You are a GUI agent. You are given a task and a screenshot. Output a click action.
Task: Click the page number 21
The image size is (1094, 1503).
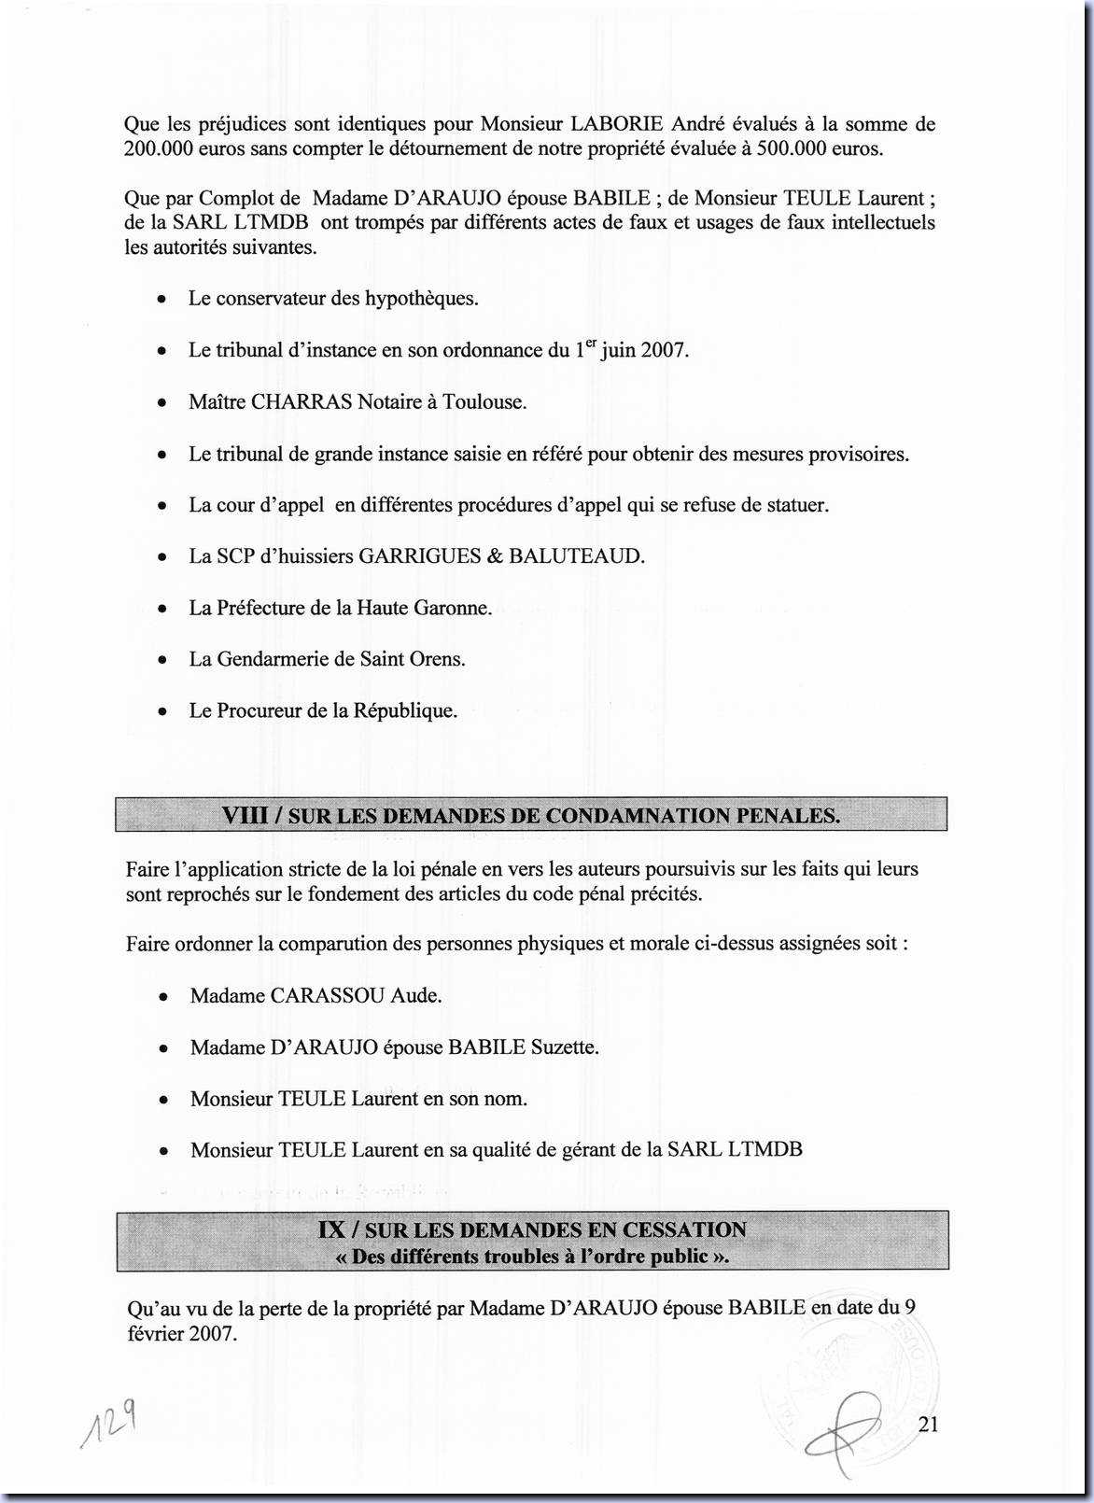click(x=928, y=1424)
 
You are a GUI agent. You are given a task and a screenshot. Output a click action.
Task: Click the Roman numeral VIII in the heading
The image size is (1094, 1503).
click(x=245, y=815)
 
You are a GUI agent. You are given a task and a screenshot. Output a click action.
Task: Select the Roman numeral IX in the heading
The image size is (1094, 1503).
click(x=332, y=1229)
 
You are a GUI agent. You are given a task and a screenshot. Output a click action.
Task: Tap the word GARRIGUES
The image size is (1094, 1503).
click(x=419, y=556)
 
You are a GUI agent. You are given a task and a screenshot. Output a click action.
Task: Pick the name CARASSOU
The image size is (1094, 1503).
click(x=328, y=995)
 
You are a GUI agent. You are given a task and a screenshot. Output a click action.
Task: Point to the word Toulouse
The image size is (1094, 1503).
click(x=484, y=402)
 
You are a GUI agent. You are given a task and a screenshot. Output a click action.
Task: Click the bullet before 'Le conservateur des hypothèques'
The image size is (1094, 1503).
click(x=163, y=300)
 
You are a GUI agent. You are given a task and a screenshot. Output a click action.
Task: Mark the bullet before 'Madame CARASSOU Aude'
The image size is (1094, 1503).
click(x=163, y=997)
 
